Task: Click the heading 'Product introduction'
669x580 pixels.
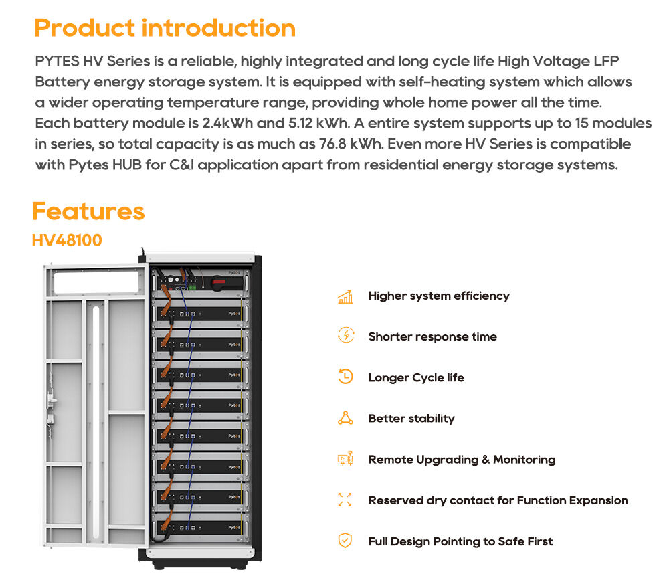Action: (165, 28)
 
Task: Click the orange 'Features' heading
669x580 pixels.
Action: (88, 211)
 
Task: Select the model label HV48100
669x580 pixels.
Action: (67, 239)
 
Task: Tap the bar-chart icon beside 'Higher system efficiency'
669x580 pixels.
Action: (345, 296)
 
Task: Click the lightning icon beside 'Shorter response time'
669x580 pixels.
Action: (345, 336)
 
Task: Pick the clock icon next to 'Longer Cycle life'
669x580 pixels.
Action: (345, 377)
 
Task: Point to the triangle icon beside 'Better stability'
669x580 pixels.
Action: (345, 419)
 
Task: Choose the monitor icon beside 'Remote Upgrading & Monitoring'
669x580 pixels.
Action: (345, 460)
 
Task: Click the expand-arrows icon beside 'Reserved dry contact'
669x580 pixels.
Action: (345, 500)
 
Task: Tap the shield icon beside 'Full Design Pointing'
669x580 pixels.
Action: (345, 541)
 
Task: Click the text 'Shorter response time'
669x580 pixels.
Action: (432, 336)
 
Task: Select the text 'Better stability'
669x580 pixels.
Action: (411, 419)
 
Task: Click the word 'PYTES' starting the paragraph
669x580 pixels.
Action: (57, 62)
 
